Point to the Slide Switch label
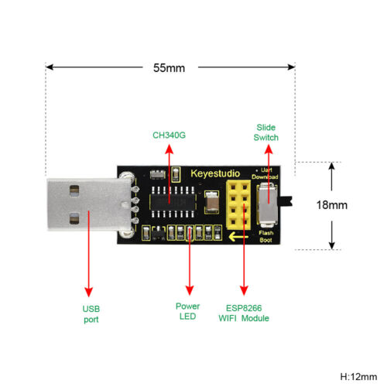(x=265, y=132)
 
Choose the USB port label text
(x=91, y=313)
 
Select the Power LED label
(x=187, y=310)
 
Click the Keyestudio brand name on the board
(x=215, y=173)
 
